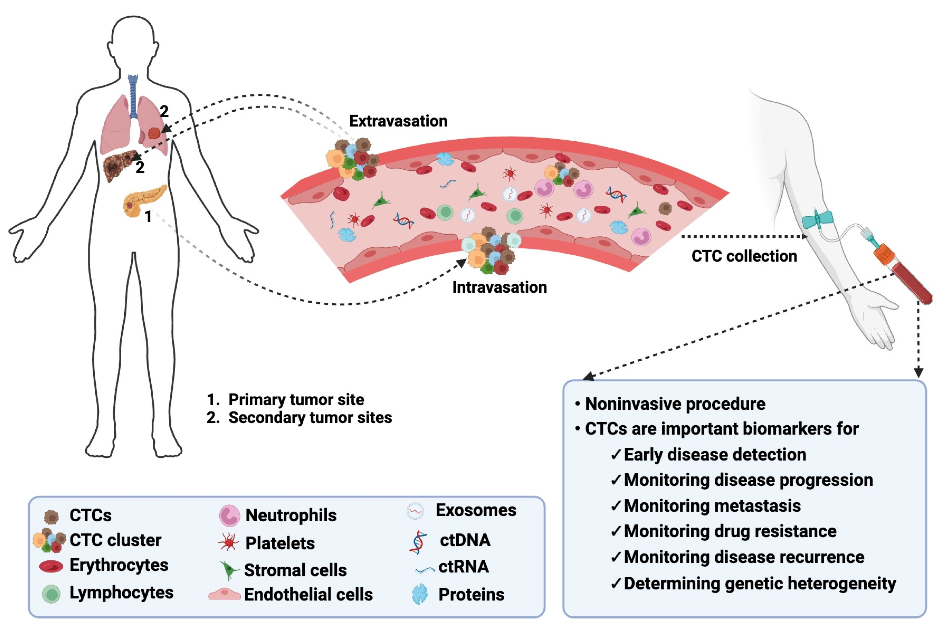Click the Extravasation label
(398, 121)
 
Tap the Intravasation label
(500, 287)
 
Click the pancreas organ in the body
(145, 201)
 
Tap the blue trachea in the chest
(133, 96)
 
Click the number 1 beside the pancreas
(148, 217)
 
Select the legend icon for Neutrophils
(230, 516)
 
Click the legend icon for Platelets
(228, 542)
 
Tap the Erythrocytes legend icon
(51, 566)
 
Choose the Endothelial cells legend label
(309, 595)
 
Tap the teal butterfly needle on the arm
(818, 220)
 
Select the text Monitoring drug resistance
(730, 531)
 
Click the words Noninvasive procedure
(675, 404)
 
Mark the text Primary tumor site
(296, 400)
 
